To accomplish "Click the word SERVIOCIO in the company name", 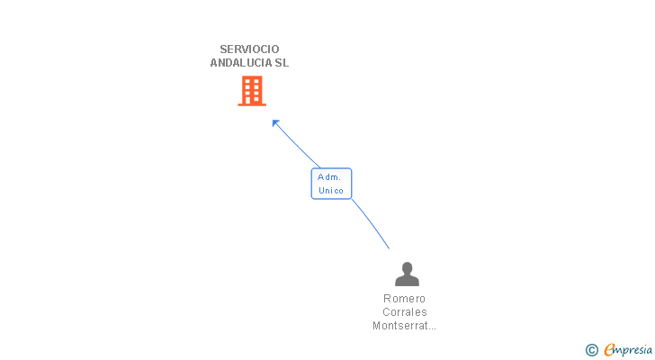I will pos(249,49).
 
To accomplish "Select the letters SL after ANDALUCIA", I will pos(282,63).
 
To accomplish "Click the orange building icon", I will pos(252,91).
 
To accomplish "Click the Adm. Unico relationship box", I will pos(331,184).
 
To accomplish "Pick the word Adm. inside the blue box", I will pos(329,177).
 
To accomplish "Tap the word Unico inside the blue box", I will pos(331,190).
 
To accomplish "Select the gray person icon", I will pos(407,274).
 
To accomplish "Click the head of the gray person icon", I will pos(407,267).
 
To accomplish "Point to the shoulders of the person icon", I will pos(407,282).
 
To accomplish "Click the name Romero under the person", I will pos(404,299).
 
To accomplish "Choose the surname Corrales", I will pos(404,312).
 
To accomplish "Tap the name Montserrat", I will pos(399,326).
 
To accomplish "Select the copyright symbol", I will pos(592,350).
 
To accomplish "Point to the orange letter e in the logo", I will pos(609,350).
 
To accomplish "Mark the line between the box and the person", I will pos(371,224).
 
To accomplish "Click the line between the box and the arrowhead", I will pos(297,144).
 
